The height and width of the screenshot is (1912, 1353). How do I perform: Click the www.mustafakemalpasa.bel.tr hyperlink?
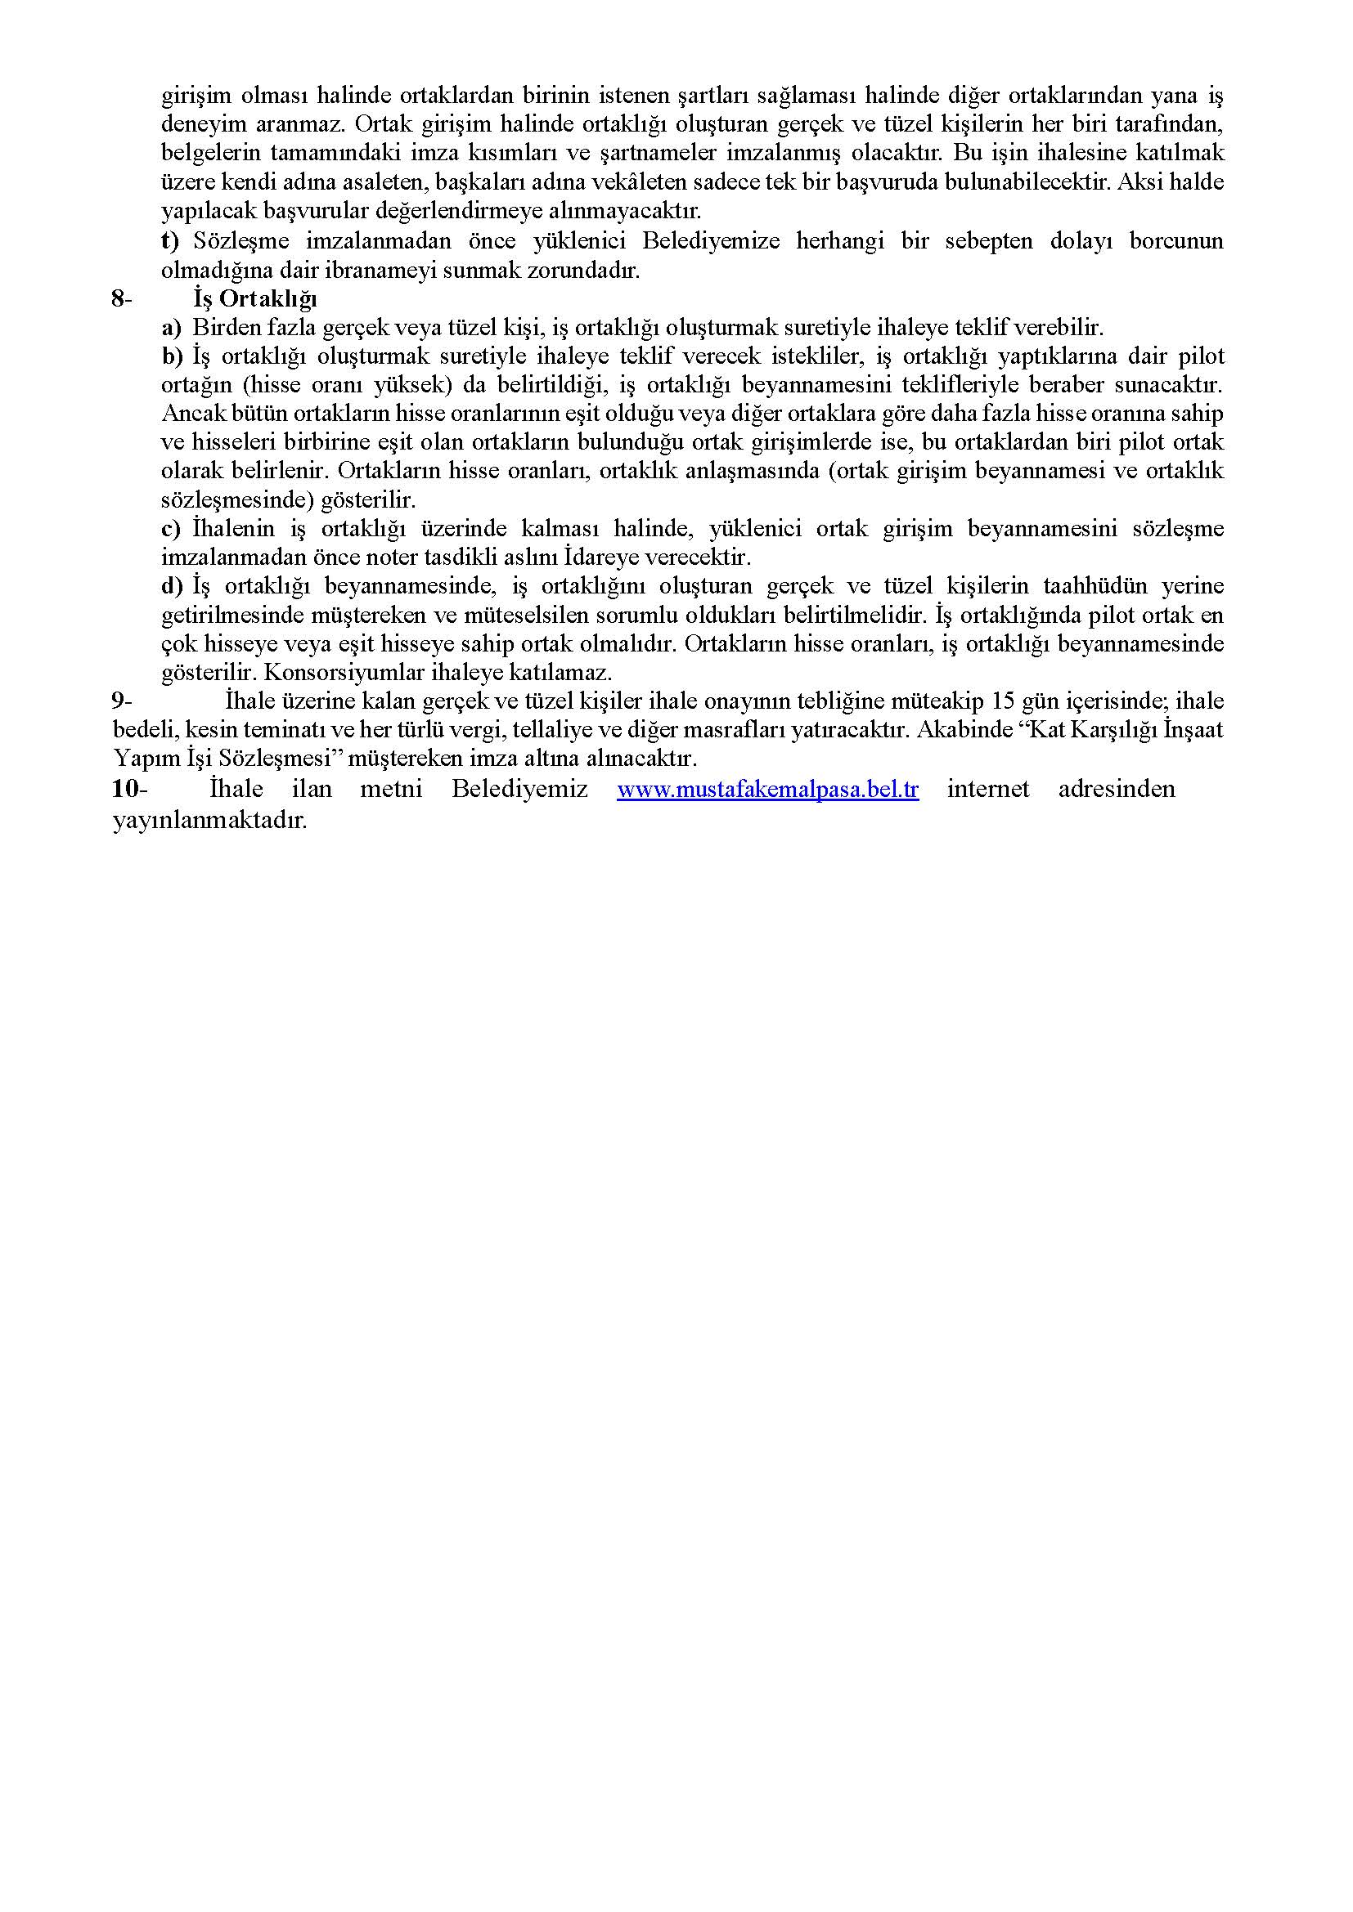[x=767, y=790]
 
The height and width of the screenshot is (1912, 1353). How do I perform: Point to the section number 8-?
[x=122, y=298]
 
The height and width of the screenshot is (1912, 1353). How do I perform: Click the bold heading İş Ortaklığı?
[x=255, y=298]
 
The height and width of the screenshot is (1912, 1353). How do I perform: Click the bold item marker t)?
[x=170, y=241]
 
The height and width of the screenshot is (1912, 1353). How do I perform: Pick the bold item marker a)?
[x=171, y=327]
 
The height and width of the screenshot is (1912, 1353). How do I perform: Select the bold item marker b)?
[x=172, y=356]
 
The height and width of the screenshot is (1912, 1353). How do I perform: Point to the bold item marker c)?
[x=171, y=529]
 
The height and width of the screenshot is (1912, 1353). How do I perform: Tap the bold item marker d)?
[x=172, y=586]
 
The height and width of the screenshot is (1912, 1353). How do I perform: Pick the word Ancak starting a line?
[x=187, y=414]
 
